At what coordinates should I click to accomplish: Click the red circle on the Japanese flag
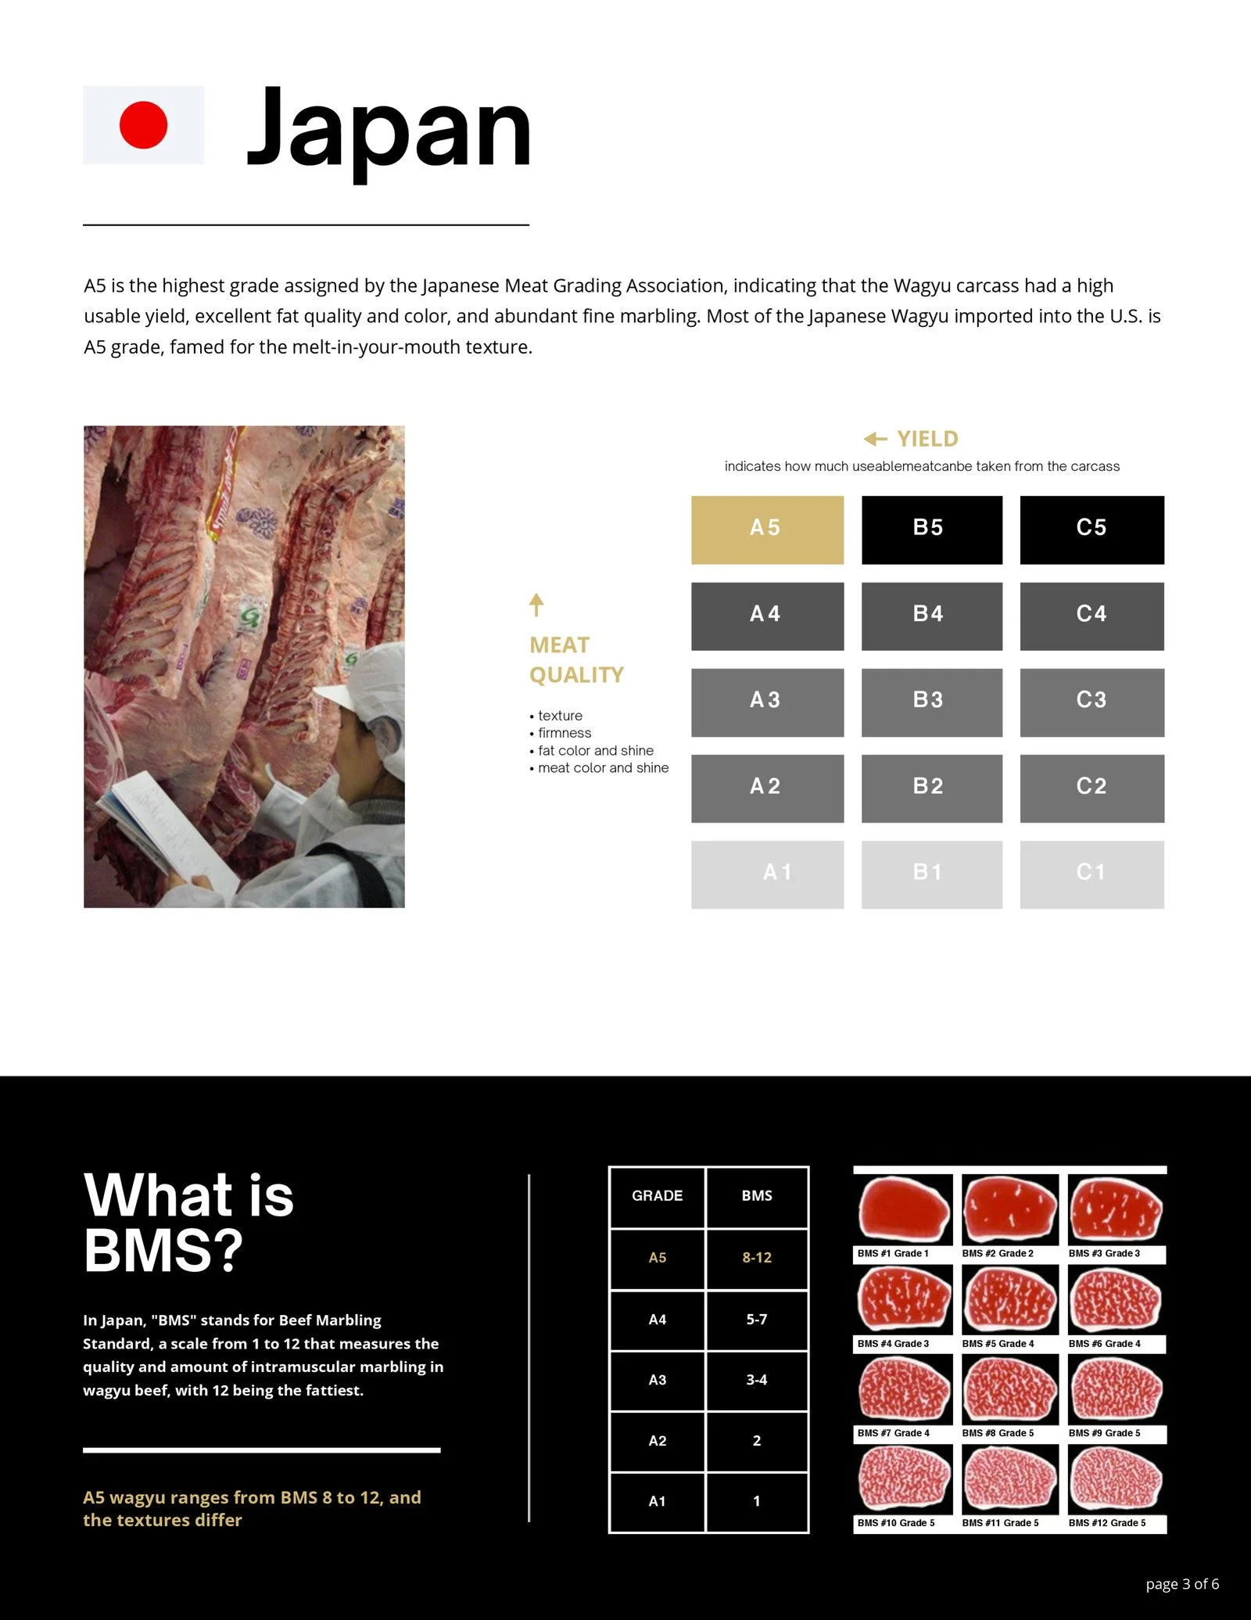(x=143, y=125)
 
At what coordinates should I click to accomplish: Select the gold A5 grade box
(x=767, y=530)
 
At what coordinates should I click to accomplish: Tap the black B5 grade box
(x=932, y=530)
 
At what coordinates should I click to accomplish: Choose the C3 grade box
(x=1091, y=702)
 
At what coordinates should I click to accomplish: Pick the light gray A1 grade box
(x=767, y=875)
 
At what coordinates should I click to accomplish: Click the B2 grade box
(x=932, y=788)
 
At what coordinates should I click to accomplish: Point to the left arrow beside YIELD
(x=876, y=439)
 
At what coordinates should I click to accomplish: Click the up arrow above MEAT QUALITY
(x=536, y=605)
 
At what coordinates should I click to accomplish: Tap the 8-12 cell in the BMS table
(x=757, y=1257)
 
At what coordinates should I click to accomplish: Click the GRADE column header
(x=658, y=1195)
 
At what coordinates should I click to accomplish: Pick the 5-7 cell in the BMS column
(x=757, y=1319)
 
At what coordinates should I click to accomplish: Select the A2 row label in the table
(x=658, y=1441)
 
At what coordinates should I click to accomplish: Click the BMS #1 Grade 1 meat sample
(x=904, y=1210)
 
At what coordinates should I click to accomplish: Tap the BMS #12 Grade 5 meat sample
(x=1116, y=1478)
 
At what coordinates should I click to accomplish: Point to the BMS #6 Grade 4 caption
(x=1105, y=1344)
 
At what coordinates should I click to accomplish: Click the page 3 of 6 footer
(x=1182, y=1585)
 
